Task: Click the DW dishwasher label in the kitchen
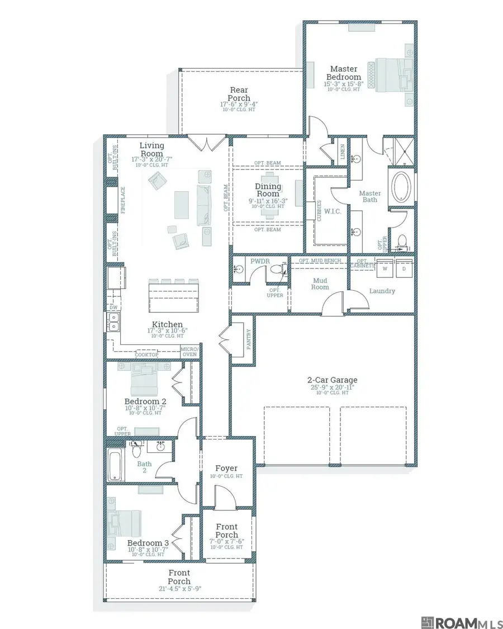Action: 113,308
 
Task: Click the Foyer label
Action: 226,468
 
